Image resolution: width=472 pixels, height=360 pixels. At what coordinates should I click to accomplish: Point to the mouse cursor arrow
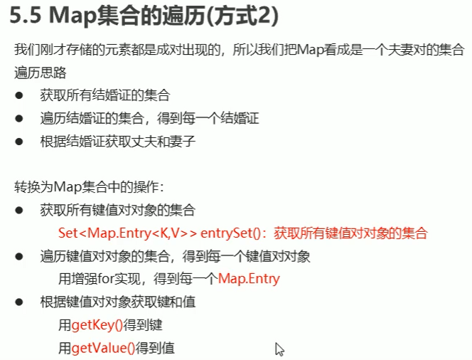[279, 349]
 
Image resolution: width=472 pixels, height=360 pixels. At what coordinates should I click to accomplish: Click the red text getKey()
[97, 325]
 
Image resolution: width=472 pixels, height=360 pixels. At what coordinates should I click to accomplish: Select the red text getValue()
[103, 348]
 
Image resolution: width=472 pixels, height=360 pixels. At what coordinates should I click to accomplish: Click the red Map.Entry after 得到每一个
[250, 279]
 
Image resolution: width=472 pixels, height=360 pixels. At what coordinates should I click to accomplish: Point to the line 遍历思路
[36, 73]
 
